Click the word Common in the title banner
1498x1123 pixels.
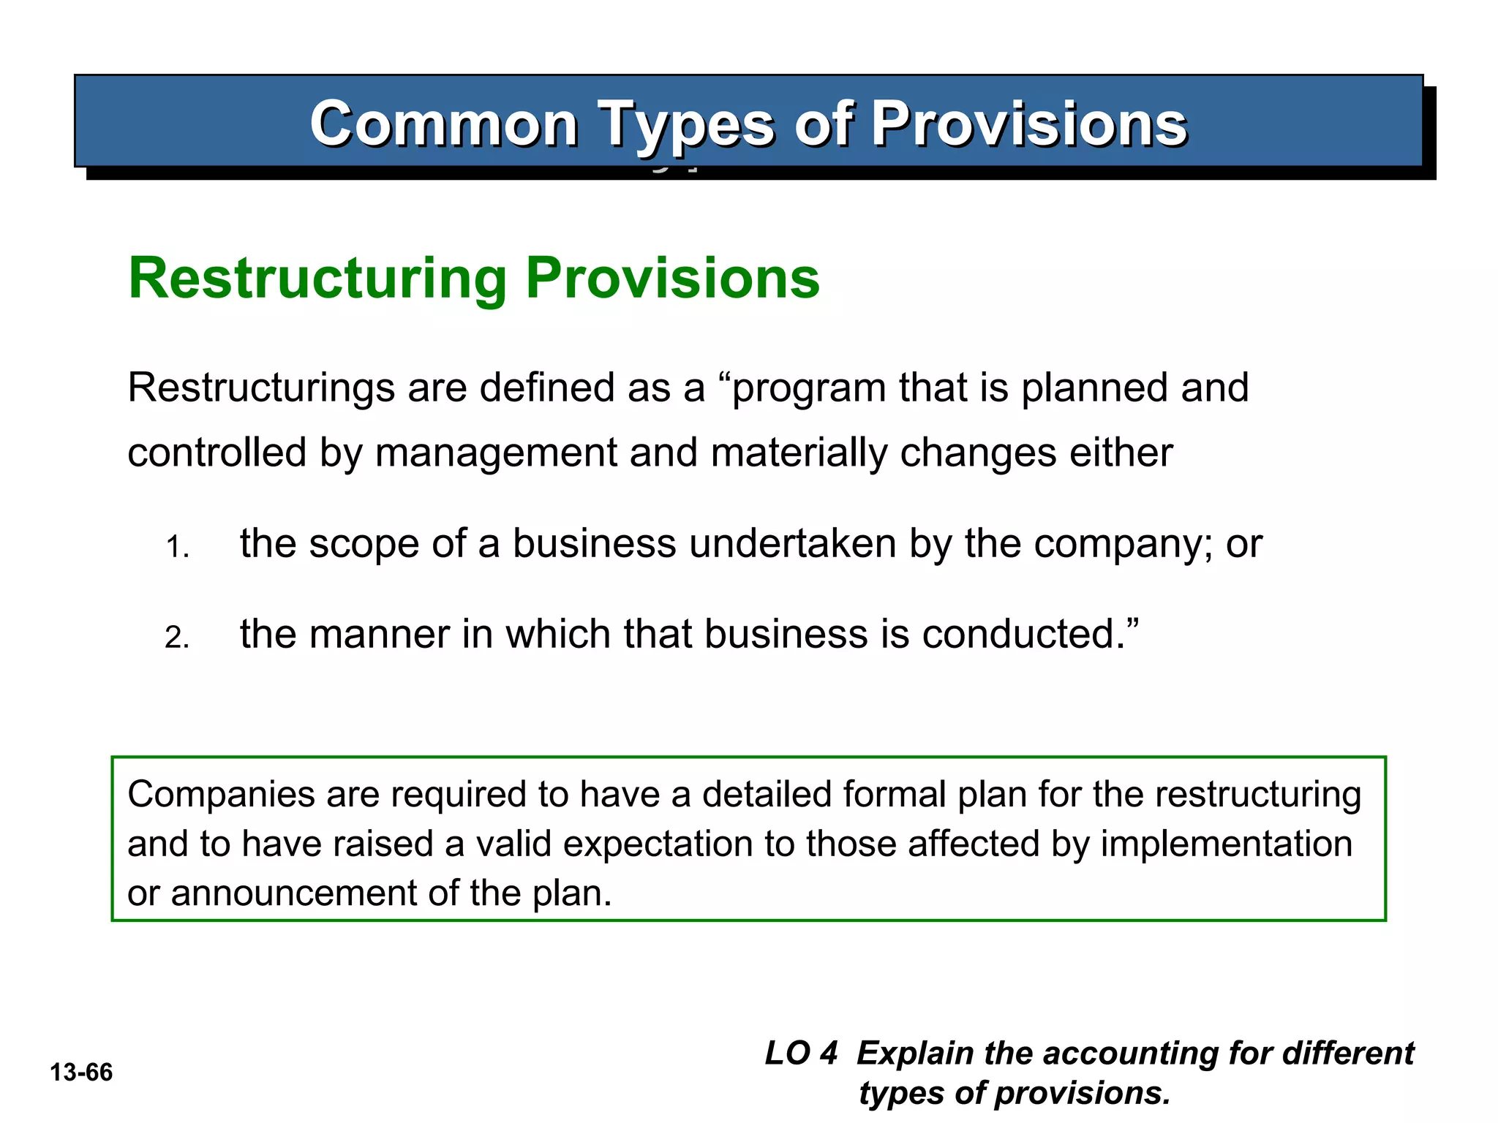click(444, 124)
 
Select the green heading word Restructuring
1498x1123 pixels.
click(317, 279)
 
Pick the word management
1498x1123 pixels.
click(496, 453)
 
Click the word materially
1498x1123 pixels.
click(799, 453)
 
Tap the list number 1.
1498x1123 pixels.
click(177, 548)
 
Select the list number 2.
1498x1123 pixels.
click(177, 638)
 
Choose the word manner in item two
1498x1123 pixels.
click(379, 634)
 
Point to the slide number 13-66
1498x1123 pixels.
click(81, 1073)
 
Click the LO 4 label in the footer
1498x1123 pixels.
click(801, 1054)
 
